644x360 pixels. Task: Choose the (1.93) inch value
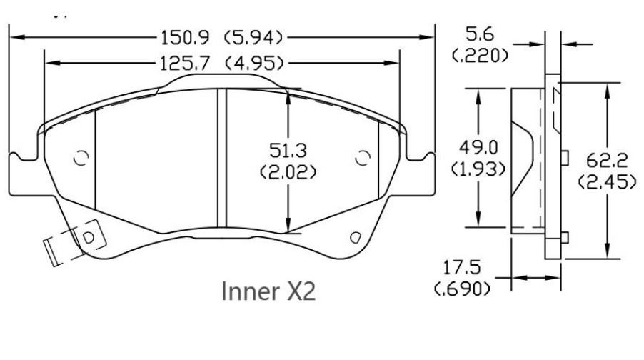coord(479,169)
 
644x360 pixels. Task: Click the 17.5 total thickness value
coord(461,269)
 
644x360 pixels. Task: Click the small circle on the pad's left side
coord(81,158)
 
